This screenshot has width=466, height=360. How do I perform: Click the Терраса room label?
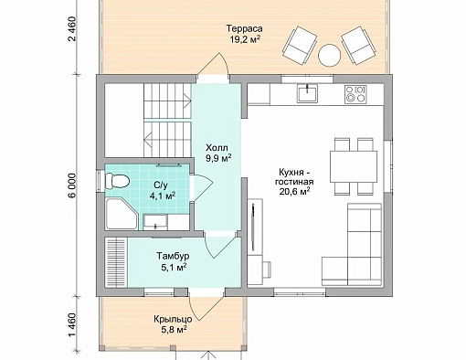pyautogui.click(x=244, y=28)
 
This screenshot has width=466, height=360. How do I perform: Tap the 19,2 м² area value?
pyautogui.click(x=245, y=39)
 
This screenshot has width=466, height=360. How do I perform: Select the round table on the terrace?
pyautogui.click(x=329, y=56)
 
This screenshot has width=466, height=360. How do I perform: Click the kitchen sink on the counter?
pyautogui.click(x=308, y=93)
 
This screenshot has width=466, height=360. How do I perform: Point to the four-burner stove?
pyautogui.click(x=355, y=93)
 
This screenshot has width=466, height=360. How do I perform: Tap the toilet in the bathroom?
pyautogui.click(x=117, y=182)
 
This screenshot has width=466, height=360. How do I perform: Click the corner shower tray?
pyautogui.click(x=122, y=214)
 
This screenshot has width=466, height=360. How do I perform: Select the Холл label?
pyautogui.click(x=217, y=148)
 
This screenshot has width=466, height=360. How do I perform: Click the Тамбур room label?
pyautogui.click(x=173, y=256)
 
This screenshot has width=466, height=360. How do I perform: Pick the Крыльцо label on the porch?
pyautogui.click(x=173, y=319)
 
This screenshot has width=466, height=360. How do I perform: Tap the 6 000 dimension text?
pyautogui.click(x=72, y=185)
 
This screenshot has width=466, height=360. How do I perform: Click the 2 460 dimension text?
pyautogui.click(x=72, y=29)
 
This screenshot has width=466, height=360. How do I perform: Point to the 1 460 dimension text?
pyautogui.click(x=72, y=325)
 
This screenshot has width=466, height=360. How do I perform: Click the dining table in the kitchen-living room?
pyautogui.click(x=354, y=166)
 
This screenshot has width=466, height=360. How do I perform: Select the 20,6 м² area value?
pyautogui.click(x=295, y=191)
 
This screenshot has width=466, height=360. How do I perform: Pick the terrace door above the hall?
pyautogui.click(x=213, y=66)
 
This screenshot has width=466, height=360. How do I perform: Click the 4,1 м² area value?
pyautogui.click(x=162, y=196)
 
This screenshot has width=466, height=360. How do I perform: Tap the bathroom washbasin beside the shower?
pyautogui.click(x=155, y=222)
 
